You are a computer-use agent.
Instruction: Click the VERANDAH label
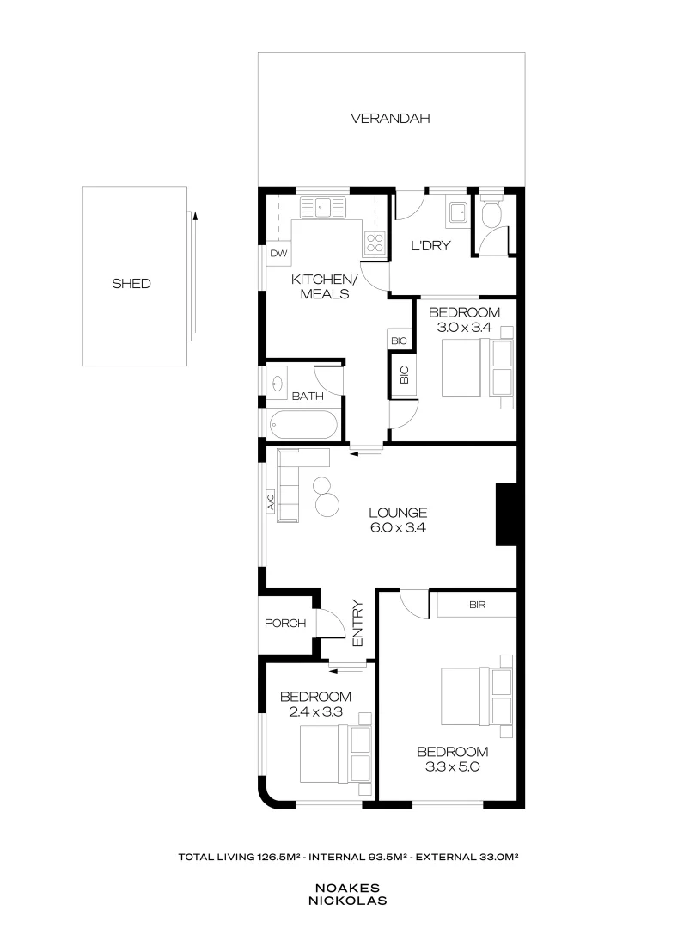pyautogui.click(x=390, y=118)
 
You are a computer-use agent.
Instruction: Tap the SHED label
pyautogui.click(x=131, y=283)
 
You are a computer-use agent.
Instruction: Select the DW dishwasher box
pyautogui.click(x=278, y=253)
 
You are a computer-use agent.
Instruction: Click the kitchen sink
pyautogui.click(x=323, y=206)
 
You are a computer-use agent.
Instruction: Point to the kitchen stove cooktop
pyautogui.click(x=375, y=243)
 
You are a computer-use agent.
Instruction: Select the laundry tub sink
pyautogui.click(x=456, y=210)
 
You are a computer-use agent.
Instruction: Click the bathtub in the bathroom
pyautogui.click(x=303, y=425)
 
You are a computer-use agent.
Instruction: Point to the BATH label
pyautogui.click(x=307, y=397)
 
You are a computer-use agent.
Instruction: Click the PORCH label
pyautogui.click(x=285, y=623)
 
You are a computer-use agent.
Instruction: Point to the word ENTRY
pyautogui.click(x=357, y=623)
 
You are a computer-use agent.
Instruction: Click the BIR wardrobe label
pyautogui.click(x=478, y=605)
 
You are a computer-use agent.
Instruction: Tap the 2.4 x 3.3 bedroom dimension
pyautogui.click(x=315, y=711)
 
